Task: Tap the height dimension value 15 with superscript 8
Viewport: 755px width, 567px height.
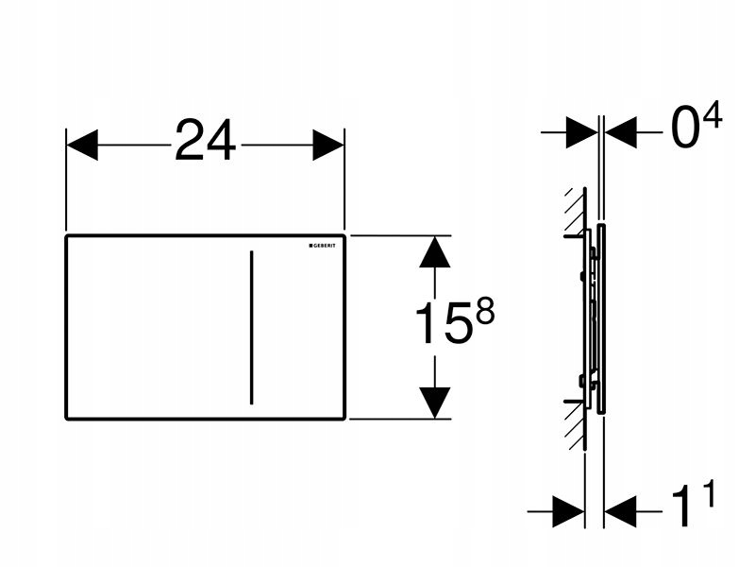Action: [x=441, y=324]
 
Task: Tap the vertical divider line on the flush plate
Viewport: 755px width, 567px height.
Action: [x=252, y=326]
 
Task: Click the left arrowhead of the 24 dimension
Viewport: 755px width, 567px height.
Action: [x=83, y=145]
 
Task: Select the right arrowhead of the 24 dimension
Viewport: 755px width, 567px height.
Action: [x=327, y=145]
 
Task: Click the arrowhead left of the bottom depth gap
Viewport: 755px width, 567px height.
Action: [x=570, y=513]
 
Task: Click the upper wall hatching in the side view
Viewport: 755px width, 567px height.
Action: [x=573, y=210]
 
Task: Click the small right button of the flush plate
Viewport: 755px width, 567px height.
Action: [x=298, y=326]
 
